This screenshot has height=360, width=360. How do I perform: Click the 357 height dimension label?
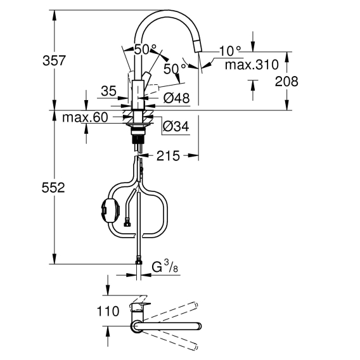[x=54, y=61]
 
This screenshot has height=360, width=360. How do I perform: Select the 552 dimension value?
[x=53, y=188]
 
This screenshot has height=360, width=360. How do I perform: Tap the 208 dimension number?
[x=286, y=82]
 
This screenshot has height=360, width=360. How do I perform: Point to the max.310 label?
[x=252, y=65]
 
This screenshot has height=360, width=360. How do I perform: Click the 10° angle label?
[x=230, y=51]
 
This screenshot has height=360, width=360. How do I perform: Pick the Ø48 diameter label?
[x=177, y=98]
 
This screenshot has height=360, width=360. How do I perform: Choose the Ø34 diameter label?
[x=176, y=126]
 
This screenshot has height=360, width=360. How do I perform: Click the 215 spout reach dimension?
[x=168, y=156]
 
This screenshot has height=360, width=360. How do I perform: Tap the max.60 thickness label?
[x=85, y=117]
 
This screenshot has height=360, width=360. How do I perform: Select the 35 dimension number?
[x=108, y=91]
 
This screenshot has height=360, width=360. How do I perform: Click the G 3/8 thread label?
[x=165, y=267]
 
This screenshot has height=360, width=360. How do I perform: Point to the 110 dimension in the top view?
[x=108, y=312]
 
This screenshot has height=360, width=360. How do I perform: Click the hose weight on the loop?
[x=110, y=211]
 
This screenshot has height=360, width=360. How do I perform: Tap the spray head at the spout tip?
[x=198, y=46]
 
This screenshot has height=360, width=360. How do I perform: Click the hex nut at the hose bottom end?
[x=139, y=262]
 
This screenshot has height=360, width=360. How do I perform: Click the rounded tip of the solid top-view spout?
[x=199, y=326]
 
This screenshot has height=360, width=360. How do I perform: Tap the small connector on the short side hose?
[x=127, y=224]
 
